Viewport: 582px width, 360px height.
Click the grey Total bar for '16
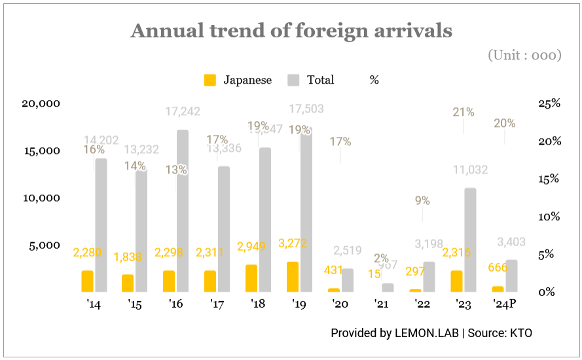pyautogui.click(x=183, y=211)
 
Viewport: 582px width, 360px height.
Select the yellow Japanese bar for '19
pyautogui.click(x=292, y=277)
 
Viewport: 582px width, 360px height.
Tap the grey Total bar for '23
pyautogui.click(x=470, y=240)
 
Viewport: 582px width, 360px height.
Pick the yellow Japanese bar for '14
pyautogui.click(x=87, y=281)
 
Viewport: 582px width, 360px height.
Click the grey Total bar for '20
pyautogui.click(x=347, y=280)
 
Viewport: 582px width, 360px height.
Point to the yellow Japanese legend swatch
pyautogui.click(x=209, y=80)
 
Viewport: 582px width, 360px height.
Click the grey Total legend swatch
pyautogui.click(x=293, y=80)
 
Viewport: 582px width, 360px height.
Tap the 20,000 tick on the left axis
pyautogui.click(x=41, y=103)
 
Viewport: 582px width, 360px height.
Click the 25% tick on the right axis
pyautogui.click(x=549, y=103)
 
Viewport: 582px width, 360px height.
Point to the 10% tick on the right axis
pyautogui.click(x=549, y=217)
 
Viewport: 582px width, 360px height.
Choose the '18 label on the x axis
pyautogui.click(x=258, y=305)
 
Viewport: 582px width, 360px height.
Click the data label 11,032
pyautogui.click(x=471, y=170)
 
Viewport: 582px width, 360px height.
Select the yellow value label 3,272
pyautogui.click(x=292, y=243)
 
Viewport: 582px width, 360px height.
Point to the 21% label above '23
pyautogui.click(x=464, y=113)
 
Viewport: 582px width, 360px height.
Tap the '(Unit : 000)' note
pyautogui.click(x=524, y=56)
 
